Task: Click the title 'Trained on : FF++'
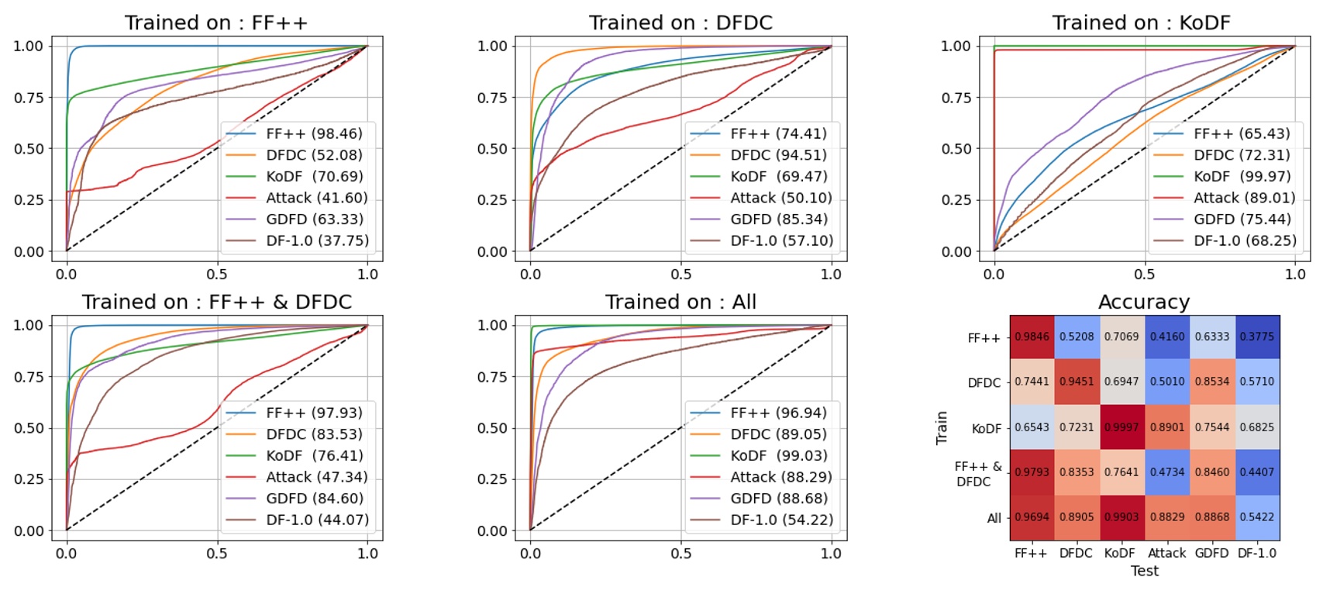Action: click(216, 22)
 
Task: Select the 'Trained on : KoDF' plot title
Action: click(1141, 22)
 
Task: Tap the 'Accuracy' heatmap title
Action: click(1143, 302)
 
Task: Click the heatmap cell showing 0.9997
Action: click(1122, 427)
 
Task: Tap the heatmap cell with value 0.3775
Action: click(1257, 337)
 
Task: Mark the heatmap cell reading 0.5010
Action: click(1167, 382)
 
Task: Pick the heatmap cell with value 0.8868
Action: click(1212, 517)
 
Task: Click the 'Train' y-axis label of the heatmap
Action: click(942, 427)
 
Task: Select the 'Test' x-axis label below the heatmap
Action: click(1144, 571)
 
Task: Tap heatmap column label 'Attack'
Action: click(1166, 553)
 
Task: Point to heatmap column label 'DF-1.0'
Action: click(1256, 553)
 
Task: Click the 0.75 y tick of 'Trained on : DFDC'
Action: click(492, 98)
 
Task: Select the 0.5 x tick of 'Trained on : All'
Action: click(680, 553)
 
